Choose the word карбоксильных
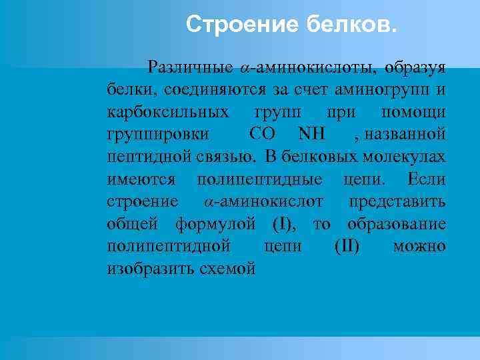coord(169,111)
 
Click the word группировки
coord(158,134)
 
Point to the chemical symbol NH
coord(311,134)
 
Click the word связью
coord(224,157)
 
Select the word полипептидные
coord(260,179)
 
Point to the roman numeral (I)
coord(284,224)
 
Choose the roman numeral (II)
coord(347,246)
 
